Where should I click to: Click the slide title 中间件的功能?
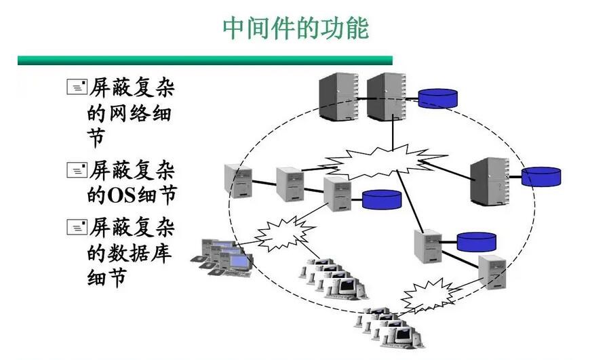pyautogui.click(x=296, y=28)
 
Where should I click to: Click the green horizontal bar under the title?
pyautogui.click(x=205, y=60)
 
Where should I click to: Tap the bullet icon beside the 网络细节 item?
pyautogui.click(x=77, y=87)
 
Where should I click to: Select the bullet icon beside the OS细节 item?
pyautogui.click(x=77, y=169)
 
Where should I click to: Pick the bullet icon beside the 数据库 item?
pyautogui.click(x=77, y=227)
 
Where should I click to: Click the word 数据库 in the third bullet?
pyautogui.click(x=140, y=254)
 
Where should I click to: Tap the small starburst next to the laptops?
pyautogui.click(x=285, y=234)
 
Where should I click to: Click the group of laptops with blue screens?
pyautogui.click(x=222, y=258)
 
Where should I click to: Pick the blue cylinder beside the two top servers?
pyautogui.click(x=437, y=98)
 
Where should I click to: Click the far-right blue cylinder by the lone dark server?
pyautogui.click(x=541, y=177)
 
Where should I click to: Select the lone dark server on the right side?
pyautogui.click(x=490, y=181)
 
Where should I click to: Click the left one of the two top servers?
pyautogui.click(x=338, y=96)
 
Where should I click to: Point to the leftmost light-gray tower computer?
pyautogui.click(x=238, y=181)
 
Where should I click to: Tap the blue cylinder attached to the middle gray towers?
pyautogui.click(x=381, y=199)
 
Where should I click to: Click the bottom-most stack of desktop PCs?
pyautogui.click(x=389, y=327)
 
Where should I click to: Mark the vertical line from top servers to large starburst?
pyautogui.click(x=393, y=133)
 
